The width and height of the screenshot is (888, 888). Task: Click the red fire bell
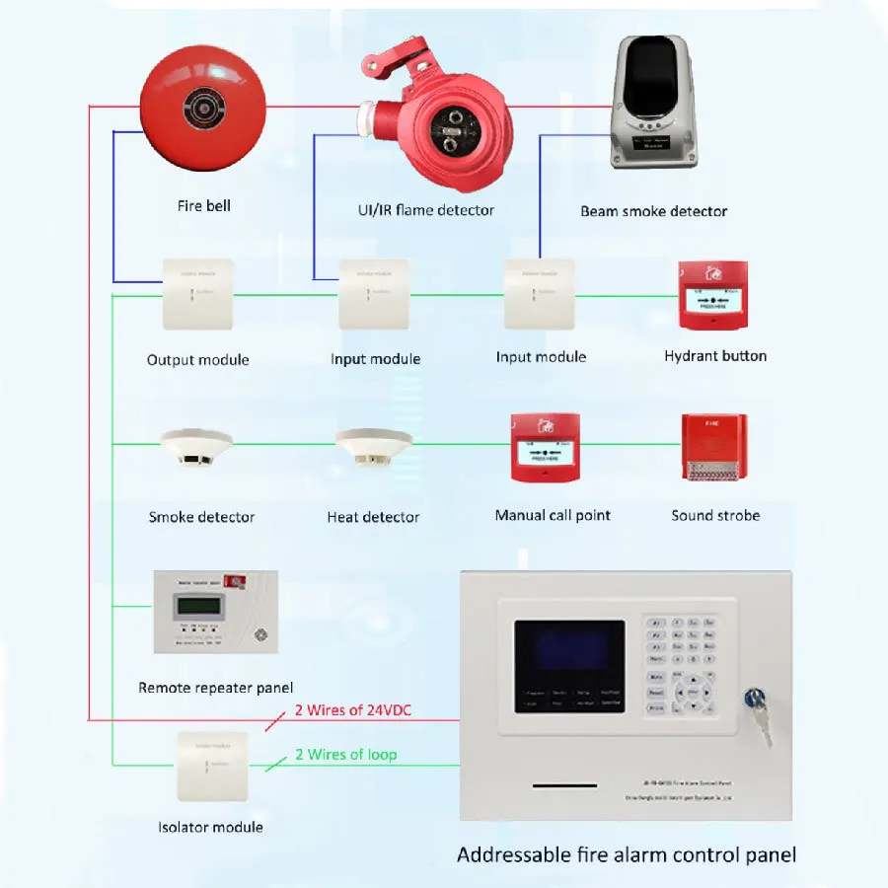pyautogui.click(x=202, y=109)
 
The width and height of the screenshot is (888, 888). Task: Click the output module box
pyautogui.click(x=197, y=294)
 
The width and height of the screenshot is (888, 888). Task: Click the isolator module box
pyautogui.click(x=210, y=766)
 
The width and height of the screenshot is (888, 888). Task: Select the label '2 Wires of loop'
pyautogui.click(x=345, y=755)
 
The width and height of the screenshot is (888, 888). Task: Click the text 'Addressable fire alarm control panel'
pyautogui.click(x=626, y=854)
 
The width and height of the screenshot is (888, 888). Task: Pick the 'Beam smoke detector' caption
pyautogui.click(x=653, y=211)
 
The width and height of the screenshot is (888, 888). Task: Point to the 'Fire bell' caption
pyautogui.click(x=204, y=206)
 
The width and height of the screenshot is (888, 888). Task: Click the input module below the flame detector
pyautogui.click(x=373, y=294)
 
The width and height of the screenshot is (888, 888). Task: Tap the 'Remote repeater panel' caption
pyautogui.click(x=215, y=688)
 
